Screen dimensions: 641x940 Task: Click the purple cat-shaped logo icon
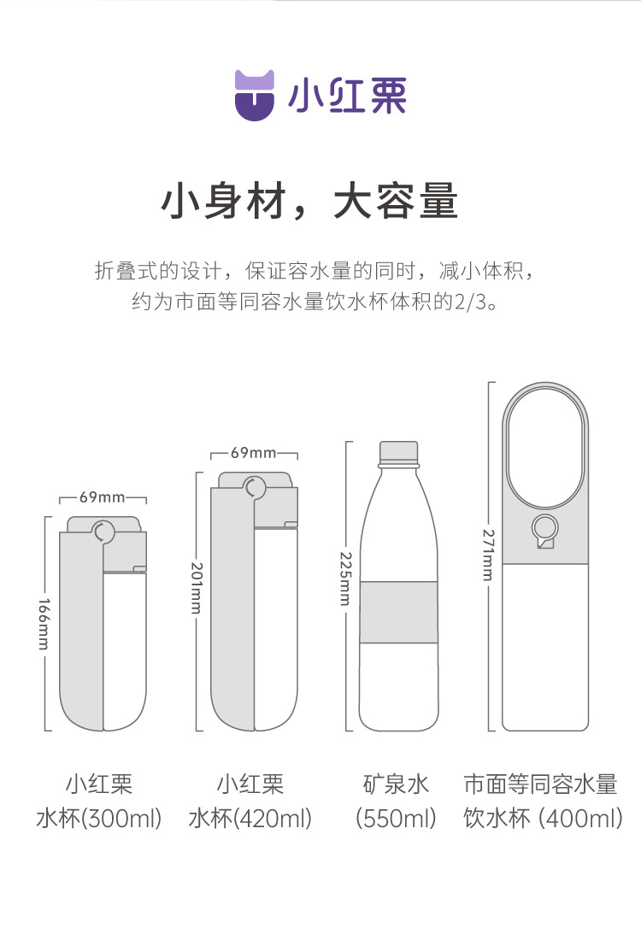coord(254,96)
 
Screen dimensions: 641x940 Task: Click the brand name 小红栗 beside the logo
coord(347,96)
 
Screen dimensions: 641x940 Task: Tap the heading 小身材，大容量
coord(309,201)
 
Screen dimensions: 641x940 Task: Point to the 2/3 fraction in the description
coord(470,302)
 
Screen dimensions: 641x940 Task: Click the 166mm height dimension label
coord(44,624)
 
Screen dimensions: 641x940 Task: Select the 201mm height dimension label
coord(196,588)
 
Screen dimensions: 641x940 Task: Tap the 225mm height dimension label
coord(345,579)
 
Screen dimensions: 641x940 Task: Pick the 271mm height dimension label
coord(489,555)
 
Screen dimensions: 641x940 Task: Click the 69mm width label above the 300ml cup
coord(103,497)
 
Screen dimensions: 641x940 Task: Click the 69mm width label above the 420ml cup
coord(254,453)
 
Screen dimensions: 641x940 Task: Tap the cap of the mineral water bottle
coord(399,453)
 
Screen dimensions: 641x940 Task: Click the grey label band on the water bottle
coord(399,612)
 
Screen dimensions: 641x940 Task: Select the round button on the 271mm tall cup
coord(545,529)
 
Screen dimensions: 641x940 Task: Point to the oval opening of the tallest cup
coord(545,448)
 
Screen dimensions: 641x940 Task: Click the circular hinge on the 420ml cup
coord(255,487)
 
